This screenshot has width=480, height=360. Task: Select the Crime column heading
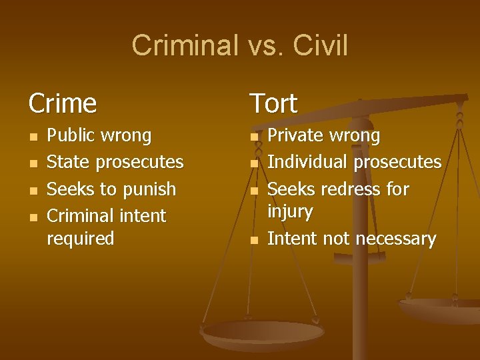[63, 103]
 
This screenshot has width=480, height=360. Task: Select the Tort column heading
[273, 103]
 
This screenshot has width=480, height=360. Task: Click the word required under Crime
[81, 238]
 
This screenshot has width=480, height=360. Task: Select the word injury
[290, 211]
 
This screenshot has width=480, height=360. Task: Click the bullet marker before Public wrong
[33, 137]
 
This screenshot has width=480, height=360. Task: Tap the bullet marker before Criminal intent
[33, 217]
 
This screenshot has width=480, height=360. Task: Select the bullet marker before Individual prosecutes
[253, 163]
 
